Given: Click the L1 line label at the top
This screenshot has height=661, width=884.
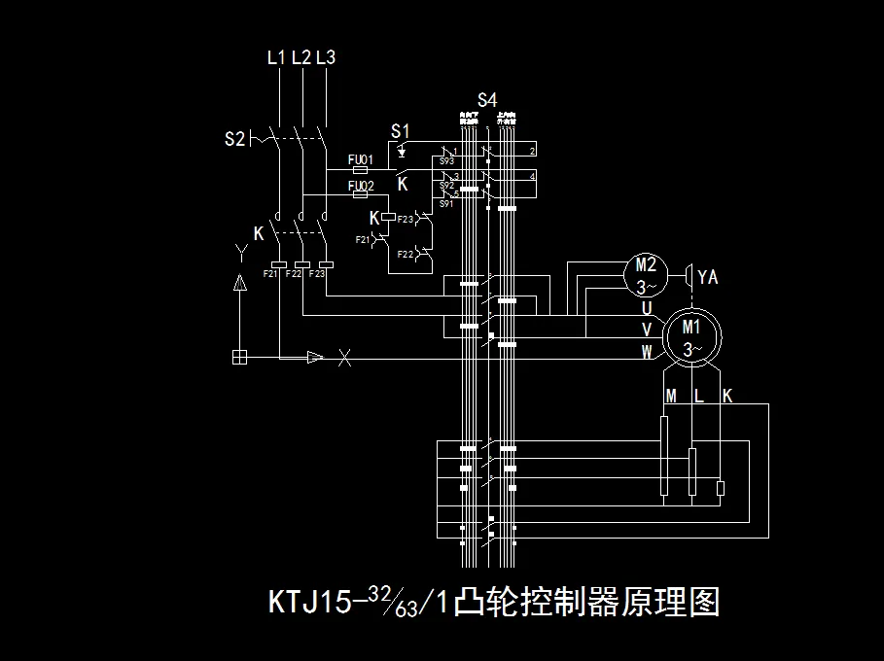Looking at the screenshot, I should (276, 58).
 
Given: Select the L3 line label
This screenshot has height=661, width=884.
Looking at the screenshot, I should (326, 58).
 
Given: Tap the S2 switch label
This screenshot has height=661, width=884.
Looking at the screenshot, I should (234, 139).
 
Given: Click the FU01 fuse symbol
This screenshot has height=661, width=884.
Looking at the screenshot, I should (358, 169).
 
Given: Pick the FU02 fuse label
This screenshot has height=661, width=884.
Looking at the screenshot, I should (361, 185).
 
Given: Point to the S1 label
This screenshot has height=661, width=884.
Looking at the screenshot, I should (400, 130).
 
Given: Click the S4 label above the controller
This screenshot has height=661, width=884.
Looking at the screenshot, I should (487, 100).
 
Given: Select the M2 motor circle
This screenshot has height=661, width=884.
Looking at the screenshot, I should (647, 275).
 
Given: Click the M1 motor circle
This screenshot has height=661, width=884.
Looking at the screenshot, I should (691, 337).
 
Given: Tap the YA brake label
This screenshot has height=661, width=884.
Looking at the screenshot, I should (708, 278).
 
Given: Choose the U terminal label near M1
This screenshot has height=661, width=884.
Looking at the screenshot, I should (647, 308).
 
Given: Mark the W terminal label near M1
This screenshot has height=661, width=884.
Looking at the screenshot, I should (647, 353).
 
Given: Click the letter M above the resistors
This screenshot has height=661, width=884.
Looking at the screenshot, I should (671, 396).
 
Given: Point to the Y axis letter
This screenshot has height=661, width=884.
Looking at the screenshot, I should (240, 254).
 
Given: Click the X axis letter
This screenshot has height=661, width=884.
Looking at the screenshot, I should (344, 358).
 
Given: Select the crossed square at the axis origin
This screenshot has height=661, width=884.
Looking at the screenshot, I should (240, 357).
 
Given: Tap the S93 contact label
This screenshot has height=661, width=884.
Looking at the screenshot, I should (447, 159).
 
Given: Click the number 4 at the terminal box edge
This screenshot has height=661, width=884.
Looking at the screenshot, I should (532, 177).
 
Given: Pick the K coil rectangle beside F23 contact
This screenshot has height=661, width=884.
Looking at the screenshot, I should (387, 218).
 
